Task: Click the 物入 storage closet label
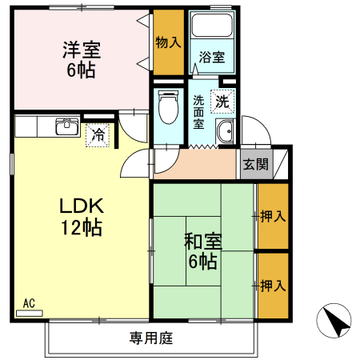[167, 42]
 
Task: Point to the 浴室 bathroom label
[211, 58]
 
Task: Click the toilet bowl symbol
[168, 106]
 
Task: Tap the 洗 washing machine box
[222, 101]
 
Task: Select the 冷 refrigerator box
[98, 135]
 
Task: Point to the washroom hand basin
[226, 134]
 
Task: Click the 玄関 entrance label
[256, 166]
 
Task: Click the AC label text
[29, 302]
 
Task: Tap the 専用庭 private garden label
[150, 338]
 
